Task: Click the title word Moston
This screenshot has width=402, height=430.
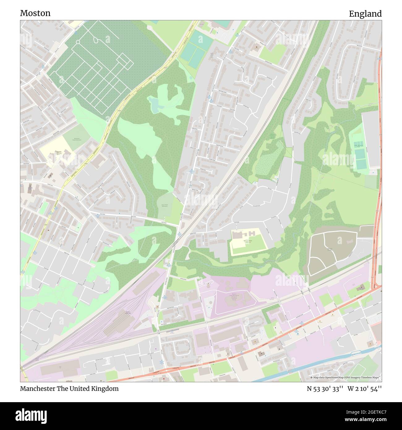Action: point(35,13)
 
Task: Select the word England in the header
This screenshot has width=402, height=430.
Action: point(365,14)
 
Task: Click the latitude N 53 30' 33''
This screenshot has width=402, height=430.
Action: point(325,389)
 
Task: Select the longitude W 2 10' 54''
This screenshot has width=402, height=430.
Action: point(365,389)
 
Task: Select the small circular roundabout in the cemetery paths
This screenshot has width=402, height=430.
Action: point(78,42)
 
